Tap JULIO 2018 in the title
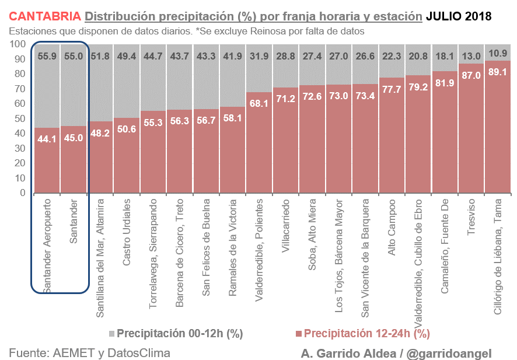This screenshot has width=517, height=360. click(x=458, y=16)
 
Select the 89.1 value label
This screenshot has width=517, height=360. click(x=498, y=72)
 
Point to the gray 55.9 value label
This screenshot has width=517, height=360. click(x=47, y=57)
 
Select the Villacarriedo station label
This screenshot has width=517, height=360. click(x=286, y=225)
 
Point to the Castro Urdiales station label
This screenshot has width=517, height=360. click(x=127, y=232)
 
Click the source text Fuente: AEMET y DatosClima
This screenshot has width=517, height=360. click(x=90, y=352)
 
